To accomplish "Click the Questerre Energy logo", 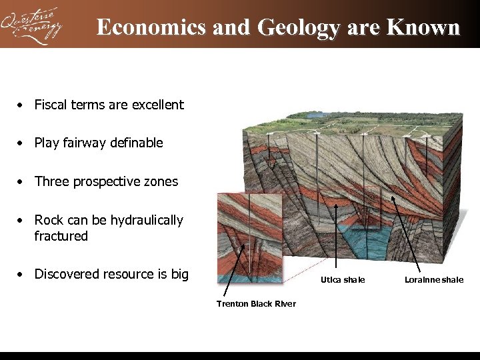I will (x=32, y=25).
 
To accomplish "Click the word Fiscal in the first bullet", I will (x=49, y=105).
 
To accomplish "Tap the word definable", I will (x=138, y=143).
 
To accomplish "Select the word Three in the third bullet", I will (x=51, y=181).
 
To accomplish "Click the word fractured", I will (x=61, y=236).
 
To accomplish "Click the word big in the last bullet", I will (x=179, y=275).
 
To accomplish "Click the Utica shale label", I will (x=343, y=280).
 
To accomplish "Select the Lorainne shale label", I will (x=434, y=280).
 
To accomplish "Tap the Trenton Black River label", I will (x=256, y=304).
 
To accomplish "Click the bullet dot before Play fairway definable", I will (x=22, y=143).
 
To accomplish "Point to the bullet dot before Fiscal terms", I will (x=22, y=105).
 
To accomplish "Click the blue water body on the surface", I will (x=315, y=115).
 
